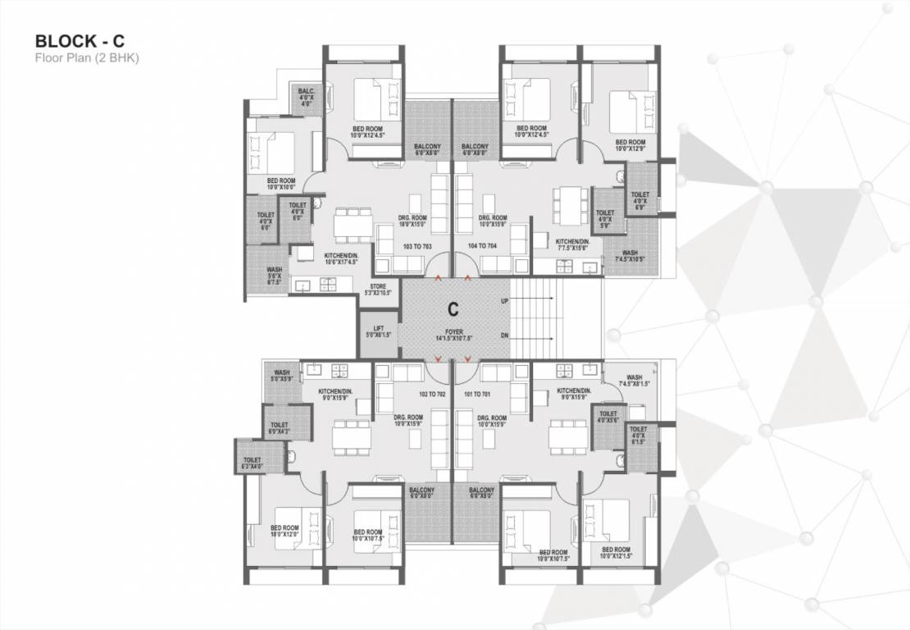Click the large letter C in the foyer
[453, 310]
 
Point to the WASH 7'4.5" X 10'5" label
[630, 256]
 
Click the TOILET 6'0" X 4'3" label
[280, 428]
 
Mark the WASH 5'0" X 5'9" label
[282, 376]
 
